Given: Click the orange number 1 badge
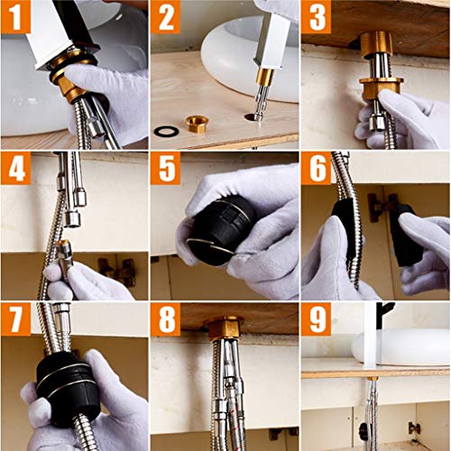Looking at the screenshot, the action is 15,16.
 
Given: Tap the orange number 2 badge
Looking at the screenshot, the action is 166,16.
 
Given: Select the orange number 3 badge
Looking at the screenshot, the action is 317,16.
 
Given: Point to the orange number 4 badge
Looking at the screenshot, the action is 15,168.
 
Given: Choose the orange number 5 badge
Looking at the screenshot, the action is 166,168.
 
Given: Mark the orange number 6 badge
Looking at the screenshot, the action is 317,168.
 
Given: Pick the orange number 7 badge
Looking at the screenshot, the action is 15,319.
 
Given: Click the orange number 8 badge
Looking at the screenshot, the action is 166,319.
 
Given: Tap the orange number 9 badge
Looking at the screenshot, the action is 317,319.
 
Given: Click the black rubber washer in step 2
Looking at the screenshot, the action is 166,131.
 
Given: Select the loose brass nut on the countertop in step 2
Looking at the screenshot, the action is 197,124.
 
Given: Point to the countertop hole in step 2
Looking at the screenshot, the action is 252,116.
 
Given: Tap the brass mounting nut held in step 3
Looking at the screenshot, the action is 381,87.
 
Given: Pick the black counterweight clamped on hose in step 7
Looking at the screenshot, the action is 69,390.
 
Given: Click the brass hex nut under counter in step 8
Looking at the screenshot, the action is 224,327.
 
